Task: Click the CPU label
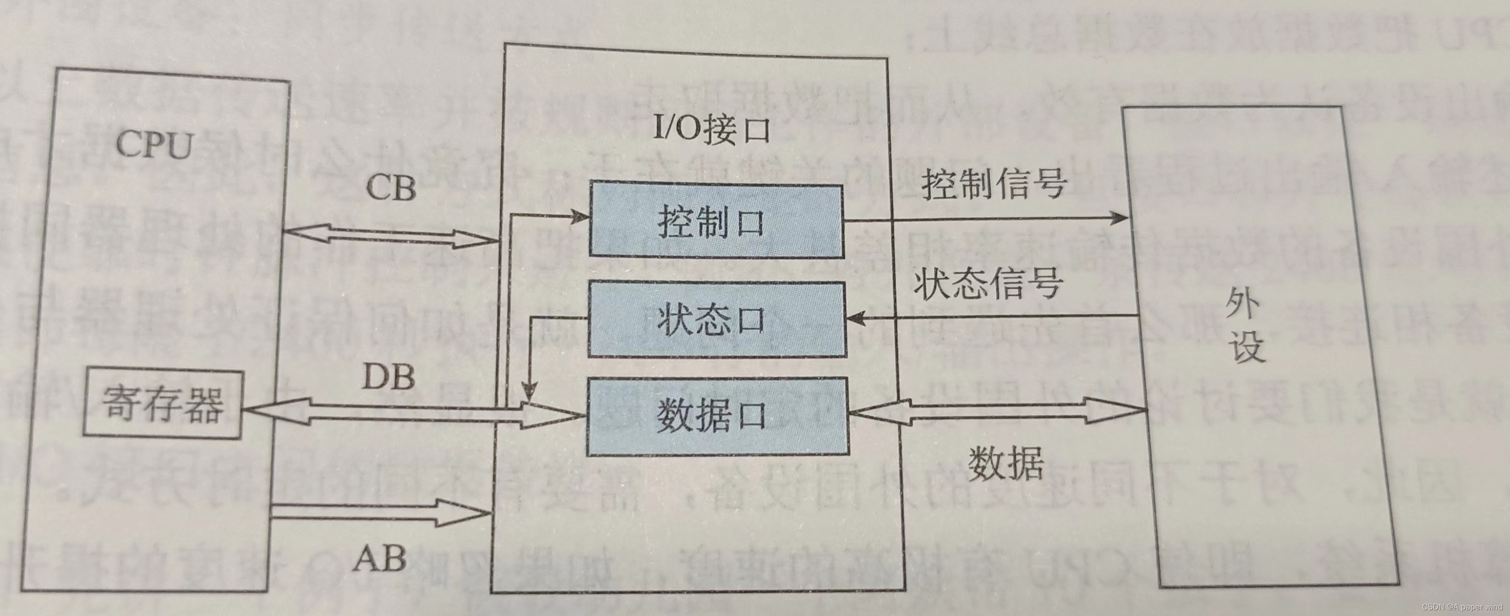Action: (x=154, y=144)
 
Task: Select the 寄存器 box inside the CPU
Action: (x=162, y=403)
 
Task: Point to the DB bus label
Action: (x=388, y=376)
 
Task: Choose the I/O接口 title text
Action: (x=711, y=129)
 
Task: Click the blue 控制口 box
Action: (x=716, y=221)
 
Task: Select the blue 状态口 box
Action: (x=716, y=320)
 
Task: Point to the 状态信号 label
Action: (x=988, y=284)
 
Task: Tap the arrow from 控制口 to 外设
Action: (x=985, y=220)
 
